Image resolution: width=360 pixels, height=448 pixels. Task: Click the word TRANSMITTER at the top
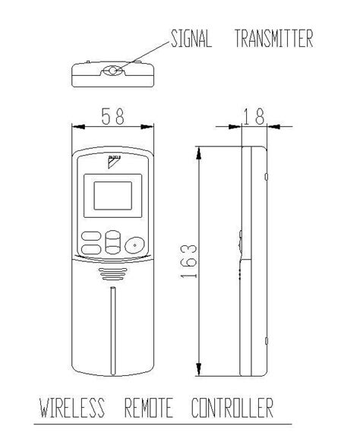pyautogui.click(x=273, y=40)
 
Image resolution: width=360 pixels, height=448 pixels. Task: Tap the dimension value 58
pyautogui.click(x=113, y=117)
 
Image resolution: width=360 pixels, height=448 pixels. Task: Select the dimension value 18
pyautogui.click(x=254, y=117)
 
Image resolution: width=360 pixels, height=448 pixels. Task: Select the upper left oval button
pyautogui.click(x=90, y=235)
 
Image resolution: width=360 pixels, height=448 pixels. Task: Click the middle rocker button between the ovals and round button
pyautogui.click(x=113, y=242)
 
